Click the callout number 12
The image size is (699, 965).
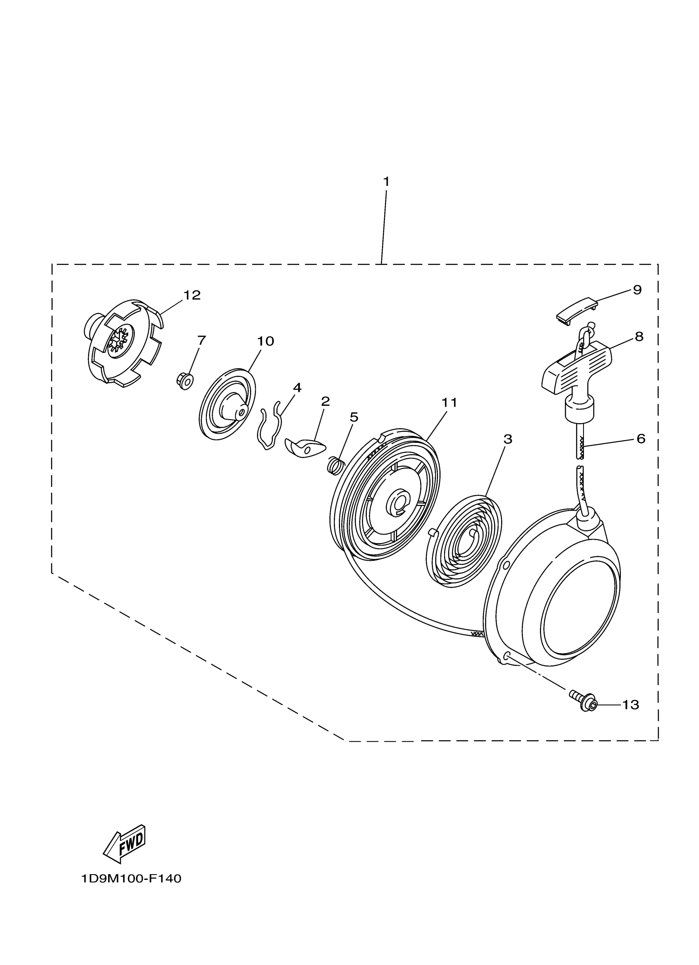(x=192, y=295)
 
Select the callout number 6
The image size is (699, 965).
(x=641, y=438)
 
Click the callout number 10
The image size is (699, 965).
(x=265, y=341)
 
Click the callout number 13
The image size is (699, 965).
(x=630, y=705)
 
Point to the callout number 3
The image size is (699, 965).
(x=507, y=439)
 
